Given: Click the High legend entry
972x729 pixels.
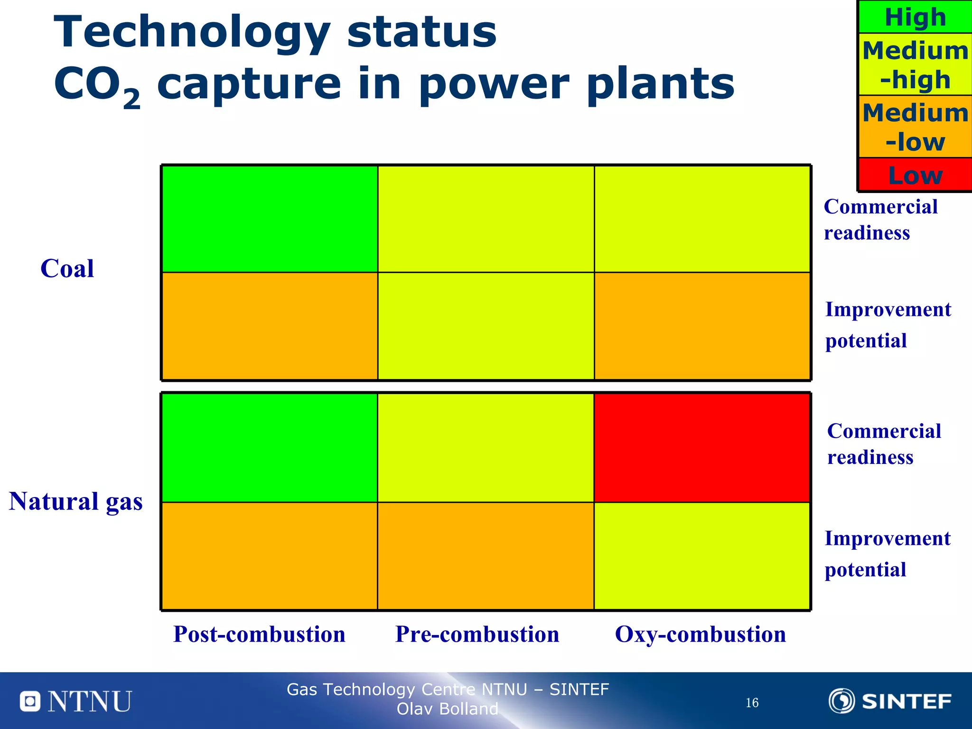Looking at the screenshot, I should [x=915, y=17].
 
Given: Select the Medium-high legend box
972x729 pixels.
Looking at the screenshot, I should [x=915, y=65].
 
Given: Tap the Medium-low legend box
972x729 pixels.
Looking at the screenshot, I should [x=915, y=127].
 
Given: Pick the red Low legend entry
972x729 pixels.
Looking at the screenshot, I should [x=915, y=175].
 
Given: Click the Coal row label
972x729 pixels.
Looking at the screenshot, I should [x=67, y=268].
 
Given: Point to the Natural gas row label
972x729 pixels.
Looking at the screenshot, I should [x=76, y=501].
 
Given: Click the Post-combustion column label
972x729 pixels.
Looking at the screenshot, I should [x=259, y=634].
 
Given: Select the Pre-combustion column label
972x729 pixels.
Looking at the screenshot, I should [x=477, y=634].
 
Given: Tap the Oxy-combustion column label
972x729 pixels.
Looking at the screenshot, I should [x=700, y=634].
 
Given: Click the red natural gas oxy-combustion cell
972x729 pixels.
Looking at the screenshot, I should [x=701, y=448].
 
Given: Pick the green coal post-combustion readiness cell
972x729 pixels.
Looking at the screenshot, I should [x=270, y=219].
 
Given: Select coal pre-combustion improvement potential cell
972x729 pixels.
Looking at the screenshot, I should [x=486, y=326].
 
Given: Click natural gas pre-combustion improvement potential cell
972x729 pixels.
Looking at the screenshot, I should [x=486, y=555].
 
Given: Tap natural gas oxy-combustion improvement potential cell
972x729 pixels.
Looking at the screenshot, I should [x=701, y=555].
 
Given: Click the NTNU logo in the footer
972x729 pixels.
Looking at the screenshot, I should [x=76, y=701].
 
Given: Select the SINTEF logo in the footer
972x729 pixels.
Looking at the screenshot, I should [x=890, y=701].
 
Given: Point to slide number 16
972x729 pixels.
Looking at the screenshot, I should [x=752, y=702].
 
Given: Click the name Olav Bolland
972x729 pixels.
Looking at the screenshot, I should [x=447, y=709].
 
